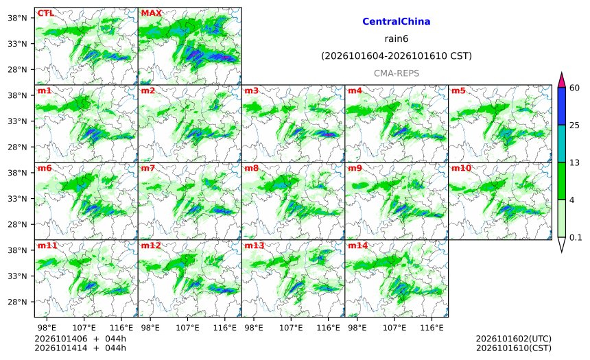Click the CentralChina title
pyautogui.click(x=397, y=21)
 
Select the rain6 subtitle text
pyautogui.click(x=397, y=39)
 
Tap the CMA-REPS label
pyautogui.click(x=397, y=73)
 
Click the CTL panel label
pyautogui.click(x=45, y=13)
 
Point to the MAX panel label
pyautogui.click(x=151, y=13)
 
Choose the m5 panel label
pyautogui.click(x=458, y=91)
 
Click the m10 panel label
pyautogui.click(x=461, y=168)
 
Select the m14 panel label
pyautogui.click(x=358, y=245)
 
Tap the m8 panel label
pyautogui.click(x=251, y=168)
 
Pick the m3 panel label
pyautogui.click(x=251, y=91)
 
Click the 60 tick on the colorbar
pyautogui.click(x=574, y=88)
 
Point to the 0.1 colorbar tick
pyautogui.click(x=576, y=237)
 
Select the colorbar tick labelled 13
pyautogui.click(x=574, y=163)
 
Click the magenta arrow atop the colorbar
pyautogui.click(x=561, y=80)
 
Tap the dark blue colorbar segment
pyautogui.click(x=561, y=106)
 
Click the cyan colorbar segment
pyautogui.click(x=561, y=144)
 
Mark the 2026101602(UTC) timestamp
pyautogui.click(x=514, y=339)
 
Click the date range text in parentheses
pyautogui.click(x=397, y=56)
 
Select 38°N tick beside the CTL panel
pyautogui.click(x=17, y=18)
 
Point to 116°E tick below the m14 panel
pyautogui.click(x=432, y=328)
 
